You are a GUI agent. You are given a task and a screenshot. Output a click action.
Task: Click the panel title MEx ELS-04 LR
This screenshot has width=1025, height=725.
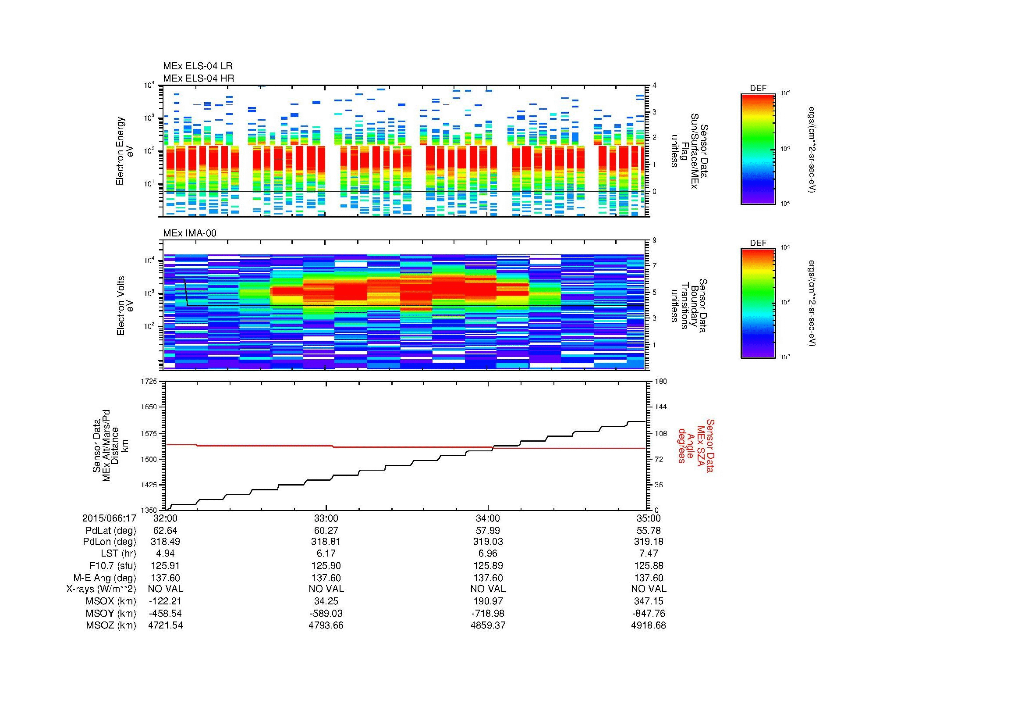click(x=198, y=67)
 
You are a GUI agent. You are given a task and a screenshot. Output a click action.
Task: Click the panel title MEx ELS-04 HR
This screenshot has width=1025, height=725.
click(x=199, y=79)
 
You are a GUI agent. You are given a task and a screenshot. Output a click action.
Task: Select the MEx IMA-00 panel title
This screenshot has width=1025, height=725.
click(x=190, y=233)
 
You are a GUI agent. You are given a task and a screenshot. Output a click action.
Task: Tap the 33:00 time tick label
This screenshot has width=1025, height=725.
click(x=326, y=518)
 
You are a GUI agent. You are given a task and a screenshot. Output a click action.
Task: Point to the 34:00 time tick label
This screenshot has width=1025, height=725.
click(x=487, y=518)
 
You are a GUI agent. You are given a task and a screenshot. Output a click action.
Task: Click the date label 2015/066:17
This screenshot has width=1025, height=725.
click(x=109, y=518)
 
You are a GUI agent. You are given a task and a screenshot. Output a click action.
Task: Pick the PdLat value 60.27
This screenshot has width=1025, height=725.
click(x=326, y=531)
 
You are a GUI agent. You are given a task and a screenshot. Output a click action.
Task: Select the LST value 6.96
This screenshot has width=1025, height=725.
click(x=487, y=554)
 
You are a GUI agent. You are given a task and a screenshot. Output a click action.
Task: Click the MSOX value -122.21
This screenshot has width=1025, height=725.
click(x=165, y=601)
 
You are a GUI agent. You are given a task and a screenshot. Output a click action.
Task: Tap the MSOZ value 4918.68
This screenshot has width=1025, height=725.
click(x=648, y=625)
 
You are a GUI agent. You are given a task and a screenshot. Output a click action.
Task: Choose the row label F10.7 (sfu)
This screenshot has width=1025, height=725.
click(x=113, y=566)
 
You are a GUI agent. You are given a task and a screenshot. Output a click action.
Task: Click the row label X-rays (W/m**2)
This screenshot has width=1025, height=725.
click(x=101, y=589)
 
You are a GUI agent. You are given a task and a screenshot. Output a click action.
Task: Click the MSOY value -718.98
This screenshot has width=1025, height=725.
click(x=487, y=613)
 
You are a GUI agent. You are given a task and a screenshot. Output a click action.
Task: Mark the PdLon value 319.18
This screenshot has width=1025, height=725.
click(x=648, y=542)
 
